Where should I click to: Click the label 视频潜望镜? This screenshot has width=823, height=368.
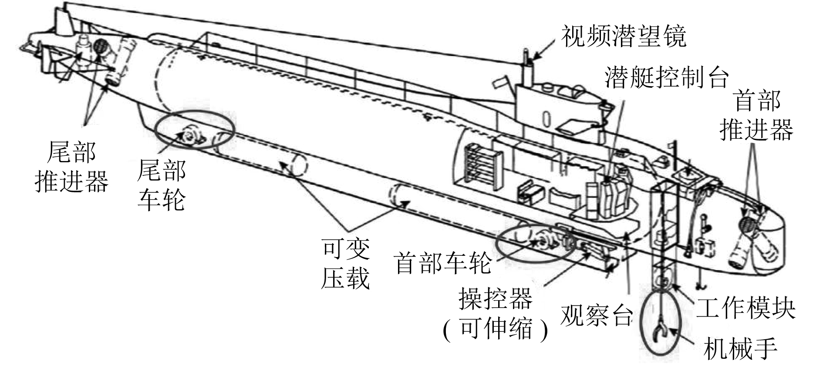pyautogui.click(x=624, y=36)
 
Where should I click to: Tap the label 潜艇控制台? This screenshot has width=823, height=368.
pyautogui.click(x=666, y=78)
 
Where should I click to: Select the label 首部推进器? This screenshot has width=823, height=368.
pyautogui.click(x=756, y=115)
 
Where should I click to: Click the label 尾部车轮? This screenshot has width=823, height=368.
pyautogui.click(x=162, y=184)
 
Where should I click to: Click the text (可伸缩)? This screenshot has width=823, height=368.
pyautogui.click(x=496, y=328)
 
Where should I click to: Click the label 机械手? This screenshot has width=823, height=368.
pyautogui.click(x=740, y=348)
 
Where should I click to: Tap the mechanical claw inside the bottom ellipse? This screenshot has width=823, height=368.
pyautogui.click(x=661, y=333)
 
